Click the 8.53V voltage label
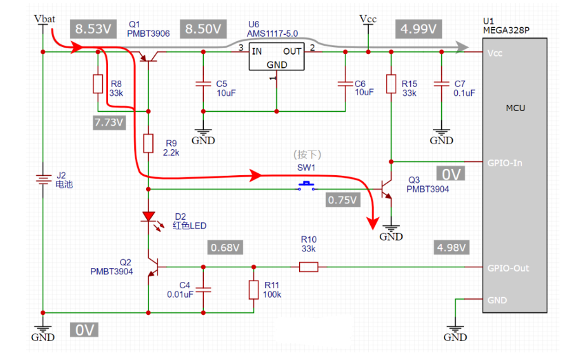[93, 29]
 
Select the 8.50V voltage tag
[203, 29]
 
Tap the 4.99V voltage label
[417, 29]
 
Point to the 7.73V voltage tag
[107, 123]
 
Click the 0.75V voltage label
[343, 199]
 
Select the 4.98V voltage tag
[450, 247]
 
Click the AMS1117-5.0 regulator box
[276, 57]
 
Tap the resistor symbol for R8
[97, 84]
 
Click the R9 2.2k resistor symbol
[148, 143]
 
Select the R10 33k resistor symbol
[309, 267]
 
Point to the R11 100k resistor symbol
[253, 290]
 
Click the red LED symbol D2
[148, 217]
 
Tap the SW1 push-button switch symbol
[308, 186]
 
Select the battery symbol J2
[42, 179]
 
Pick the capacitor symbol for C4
[203, 290]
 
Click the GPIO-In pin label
[504, 163]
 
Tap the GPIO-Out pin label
[507, 268]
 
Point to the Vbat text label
[44, 19]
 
